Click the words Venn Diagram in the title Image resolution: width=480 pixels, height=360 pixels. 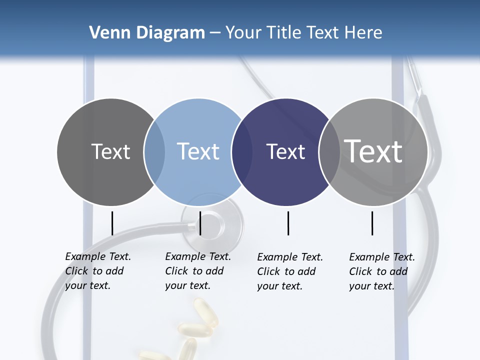pos(147,33)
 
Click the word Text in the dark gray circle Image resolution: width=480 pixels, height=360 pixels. pos(110,151)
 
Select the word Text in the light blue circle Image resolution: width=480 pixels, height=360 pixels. pos(198,151)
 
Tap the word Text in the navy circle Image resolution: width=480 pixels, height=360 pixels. pos(285,151)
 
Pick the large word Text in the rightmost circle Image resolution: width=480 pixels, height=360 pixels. pos(373,151)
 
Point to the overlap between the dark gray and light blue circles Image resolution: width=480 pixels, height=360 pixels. pos(154,151)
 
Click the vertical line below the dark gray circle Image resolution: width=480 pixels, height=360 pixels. pos(112,223)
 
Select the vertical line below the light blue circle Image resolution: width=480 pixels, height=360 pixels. pos(200,223)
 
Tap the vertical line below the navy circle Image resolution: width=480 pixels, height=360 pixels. pos(288,223)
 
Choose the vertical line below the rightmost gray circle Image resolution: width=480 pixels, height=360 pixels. pos(372,223)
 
